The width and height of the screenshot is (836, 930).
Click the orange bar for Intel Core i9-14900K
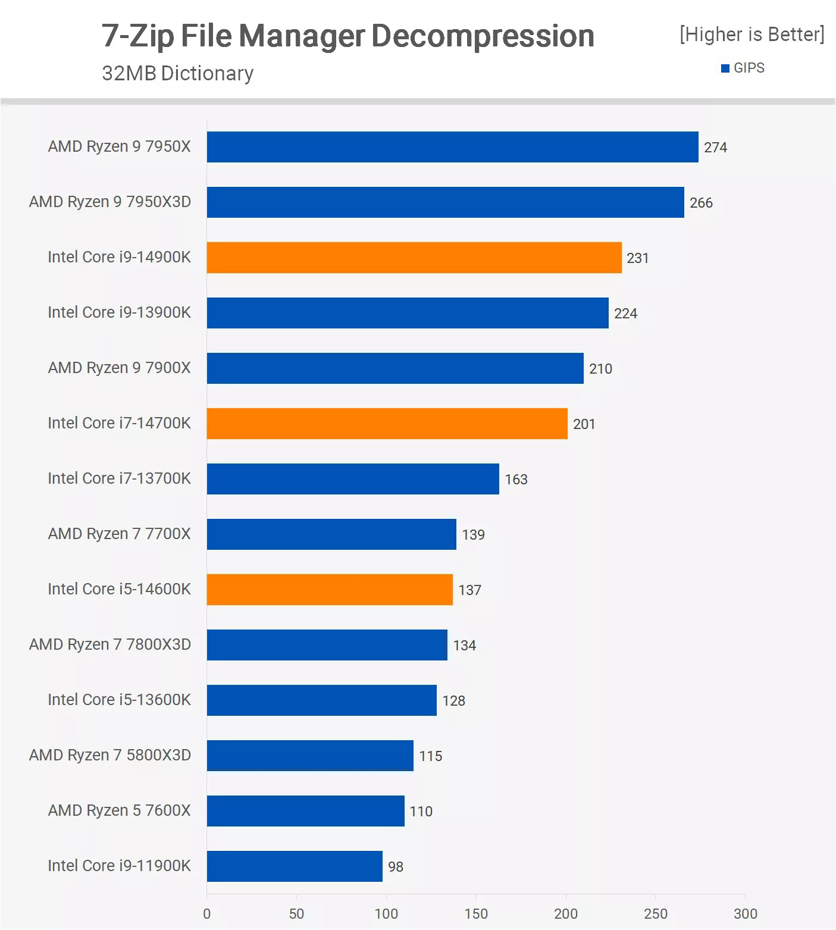[x=414, y=258]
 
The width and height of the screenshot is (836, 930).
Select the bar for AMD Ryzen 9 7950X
[x=452, y=147]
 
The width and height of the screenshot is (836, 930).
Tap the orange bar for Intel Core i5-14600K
[x=330, y=590]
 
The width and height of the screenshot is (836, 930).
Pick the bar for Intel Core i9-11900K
[x=295, y=866]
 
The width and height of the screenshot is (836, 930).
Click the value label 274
[x=715, y=148]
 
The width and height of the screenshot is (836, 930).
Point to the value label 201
[x=584, y=424]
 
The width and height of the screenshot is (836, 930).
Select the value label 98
[x=396, y=867]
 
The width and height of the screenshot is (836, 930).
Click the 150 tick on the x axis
[x=476, y=914]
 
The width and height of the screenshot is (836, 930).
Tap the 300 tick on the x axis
[x=745, y=914]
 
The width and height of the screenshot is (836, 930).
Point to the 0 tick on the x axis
[x=207, y=914]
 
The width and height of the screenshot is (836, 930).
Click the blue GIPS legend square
[x=725, y=68]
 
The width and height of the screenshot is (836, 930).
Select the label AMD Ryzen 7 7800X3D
[x=110, y=644]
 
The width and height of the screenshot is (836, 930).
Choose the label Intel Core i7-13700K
[x=119, y=478]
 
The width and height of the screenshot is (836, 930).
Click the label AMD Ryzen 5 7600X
[x=119, y=810]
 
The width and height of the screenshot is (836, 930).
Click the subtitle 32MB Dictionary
[x=177, y=73]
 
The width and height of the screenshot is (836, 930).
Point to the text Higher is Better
[x=752, y=35]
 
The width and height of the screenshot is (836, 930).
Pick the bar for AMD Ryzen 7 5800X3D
[x=310, y=756]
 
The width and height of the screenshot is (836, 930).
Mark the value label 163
[x=516, y=480]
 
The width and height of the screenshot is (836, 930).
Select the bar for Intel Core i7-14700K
[x=387, y=424]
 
